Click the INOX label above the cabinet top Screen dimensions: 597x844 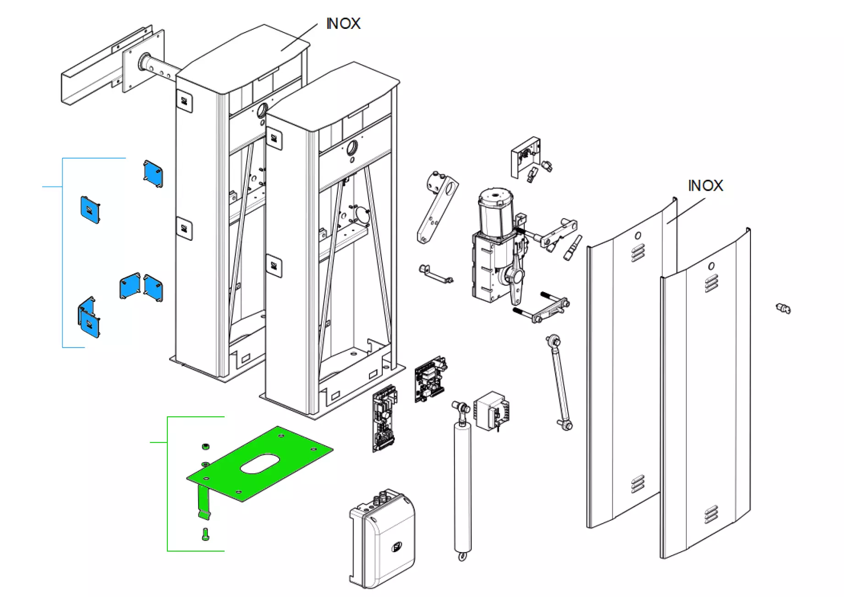point(343,24)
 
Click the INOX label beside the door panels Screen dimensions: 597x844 point(705,186)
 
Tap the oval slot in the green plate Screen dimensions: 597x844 point(260,464)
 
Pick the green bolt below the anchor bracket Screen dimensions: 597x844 point(205,534)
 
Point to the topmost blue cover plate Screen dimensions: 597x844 point(153,173)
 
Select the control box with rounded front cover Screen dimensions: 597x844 point(383,539)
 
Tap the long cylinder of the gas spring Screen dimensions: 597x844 point(462,486)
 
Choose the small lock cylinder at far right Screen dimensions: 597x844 point(783,309)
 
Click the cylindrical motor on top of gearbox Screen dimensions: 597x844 point(494,211)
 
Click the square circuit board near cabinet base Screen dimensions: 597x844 point(430,378)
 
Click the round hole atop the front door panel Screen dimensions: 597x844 point(711,266)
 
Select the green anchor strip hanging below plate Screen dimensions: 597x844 point(204,503)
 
